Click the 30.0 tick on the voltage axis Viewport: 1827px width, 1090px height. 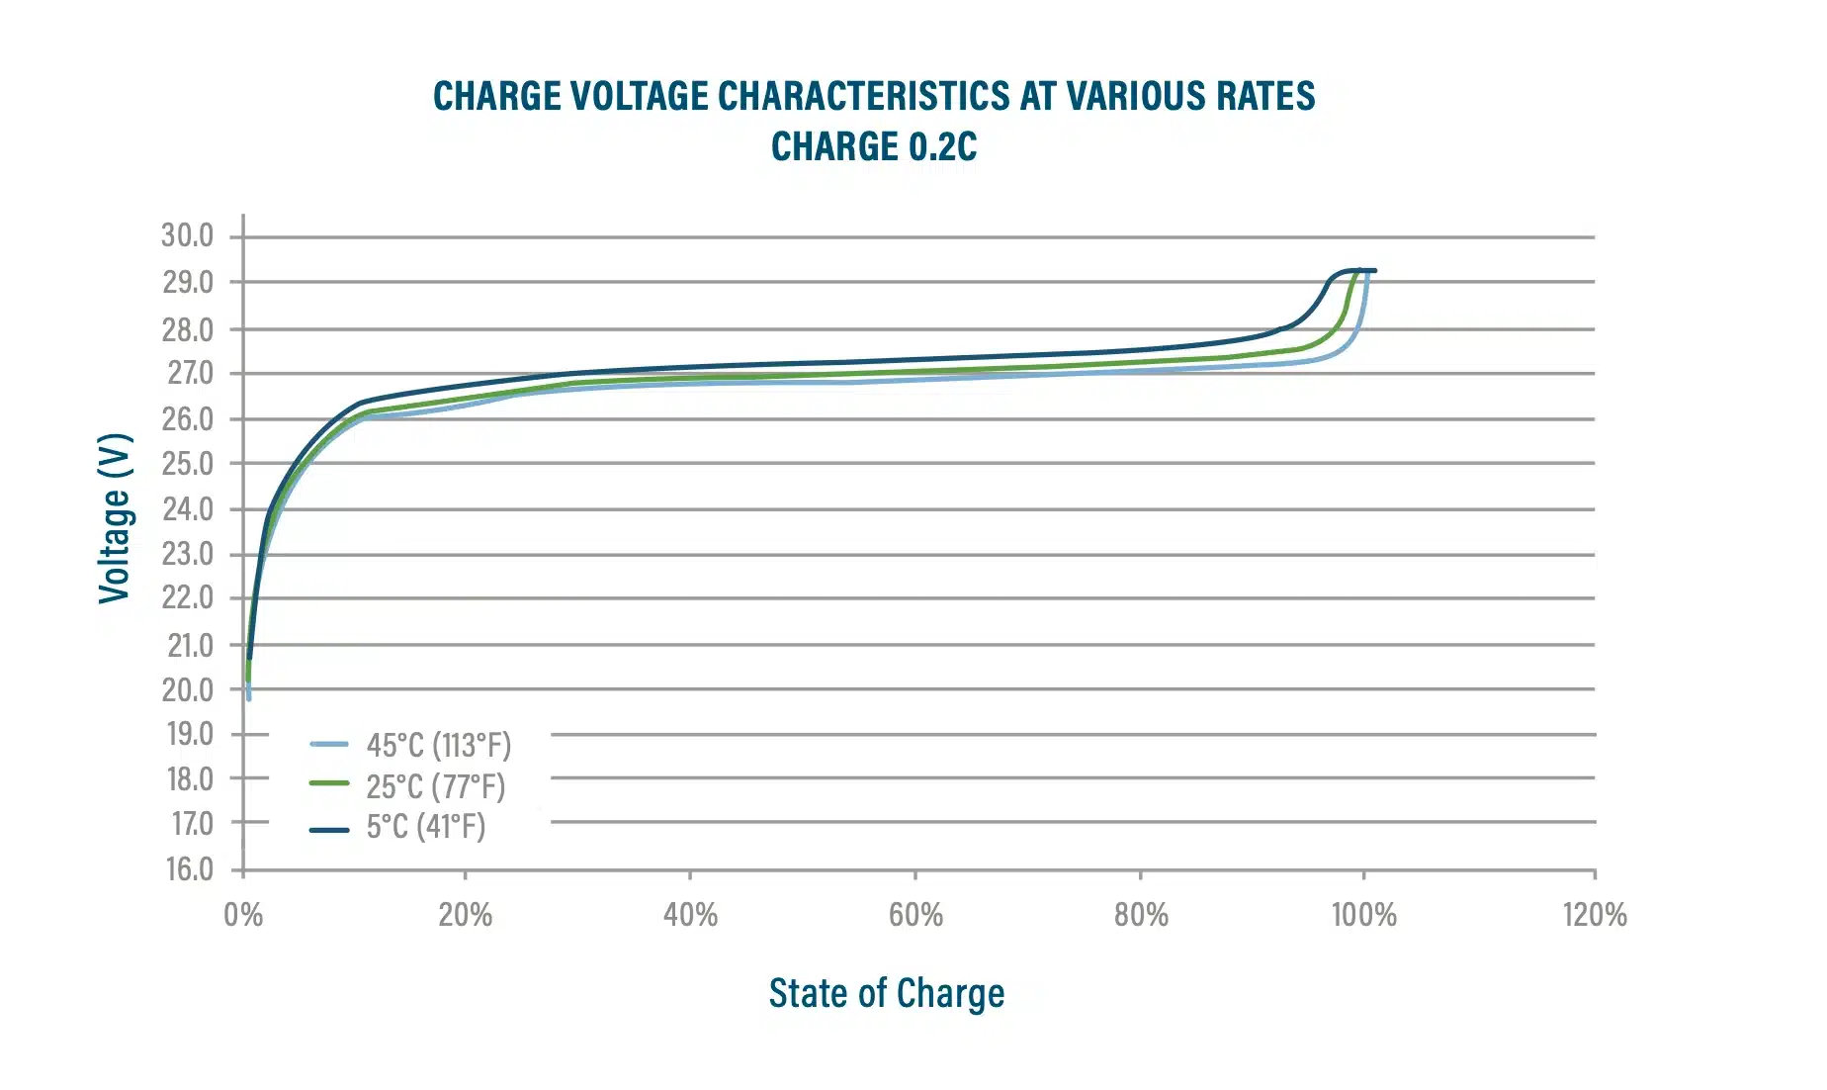click(x=188, y=235)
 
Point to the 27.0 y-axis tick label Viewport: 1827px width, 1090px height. click(x=188, y=373)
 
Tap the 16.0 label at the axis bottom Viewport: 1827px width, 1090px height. click(x=188, y=868)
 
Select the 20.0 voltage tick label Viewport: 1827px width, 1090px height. click(x=188, y=689)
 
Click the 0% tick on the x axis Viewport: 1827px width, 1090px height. click(x=243, y=914)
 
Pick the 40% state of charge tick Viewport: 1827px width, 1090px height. click(x=690, y=914)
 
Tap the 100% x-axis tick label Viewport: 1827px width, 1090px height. click(x=1363, y=914)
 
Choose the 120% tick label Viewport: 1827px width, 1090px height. click(x=1594, y=914)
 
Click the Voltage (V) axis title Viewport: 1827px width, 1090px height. click(x=115, y=517)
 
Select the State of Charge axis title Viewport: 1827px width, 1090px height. click(x=887, y=993)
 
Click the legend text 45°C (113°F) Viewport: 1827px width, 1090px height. click(x=439, y=745)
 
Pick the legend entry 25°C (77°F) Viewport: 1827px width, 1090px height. click(x=435, y=786)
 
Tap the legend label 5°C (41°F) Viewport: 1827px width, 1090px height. click(x=425, y=827)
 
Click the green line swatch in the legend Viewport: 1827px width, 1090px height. click(x=329, y=783)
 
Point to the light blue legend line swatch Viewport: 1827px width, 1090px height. click(x=329, y=744)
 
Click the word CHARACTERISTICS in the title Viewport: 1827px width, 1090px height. click(x=867, y=96)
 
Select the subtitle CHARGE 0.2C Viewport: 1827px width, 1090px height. click(x=874, y=146)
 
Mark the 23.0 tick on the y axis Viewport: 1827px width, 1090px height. click(x=188, y=554)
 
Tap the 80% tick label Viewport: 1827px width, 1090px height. click(x=1141, y=914)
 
